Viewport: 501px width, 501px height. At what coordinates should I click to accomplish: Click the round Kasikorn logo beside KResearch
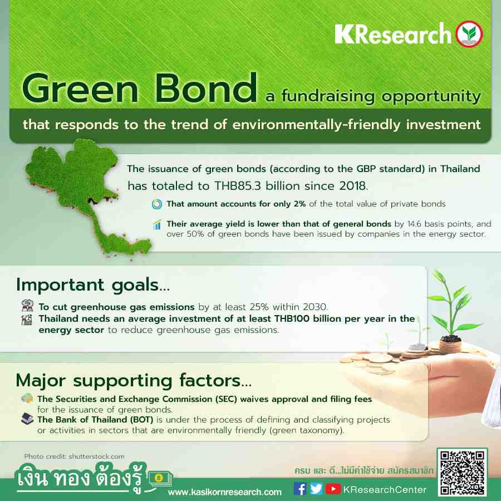[x=469, y=34]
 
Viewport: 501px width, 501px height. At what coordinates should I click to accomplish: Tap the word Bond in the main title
[x=206, y=87]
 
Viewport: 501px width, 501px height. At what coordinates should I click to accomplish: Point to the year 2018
[x=353, y=186]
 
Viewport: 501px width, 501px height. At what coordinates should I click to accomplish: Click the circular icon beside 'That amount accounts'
[x=157, y=204]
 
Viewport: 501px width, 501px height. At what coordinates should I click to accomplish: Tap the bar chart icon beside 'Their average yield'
[x=157, y=225]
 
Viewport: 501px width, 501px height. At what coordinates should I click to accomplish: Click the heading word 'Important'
[x=60, y=285]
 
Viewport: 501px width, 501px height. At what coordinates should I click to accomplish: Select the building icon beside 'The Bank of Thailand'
[x=27, y=419]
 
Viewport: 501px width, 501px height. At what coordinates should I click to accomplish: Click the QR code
[x=462, y=473]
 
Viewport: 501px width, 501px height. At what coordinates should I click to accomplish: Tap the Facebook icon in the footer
[x=300, y=489]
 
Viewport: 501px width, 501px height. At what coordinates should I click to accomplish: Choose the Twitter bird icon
[x=316, y=489]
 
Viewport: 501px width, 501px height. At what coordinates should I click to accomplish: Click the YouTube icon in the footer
[x=333, y=489]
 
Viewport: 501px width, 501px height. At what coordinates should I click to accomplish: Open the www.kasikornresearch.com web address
[x=225, y=492]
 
